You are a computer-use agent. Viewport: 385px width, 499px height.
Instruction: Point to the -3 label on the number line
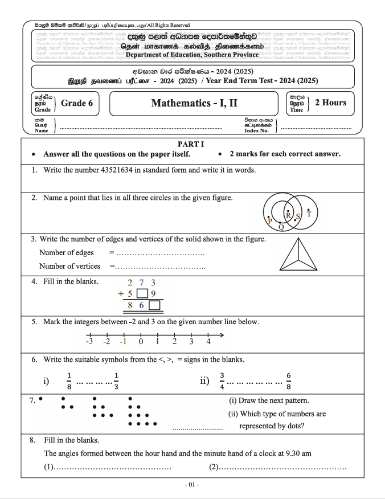[x=89, y=342]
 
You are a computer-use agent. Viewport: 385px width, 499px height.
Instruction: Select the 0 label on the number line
[x=140, y=342]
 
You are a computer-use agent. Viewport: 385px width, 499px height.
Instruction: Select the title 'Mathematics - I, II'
[x=194, y=103]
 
